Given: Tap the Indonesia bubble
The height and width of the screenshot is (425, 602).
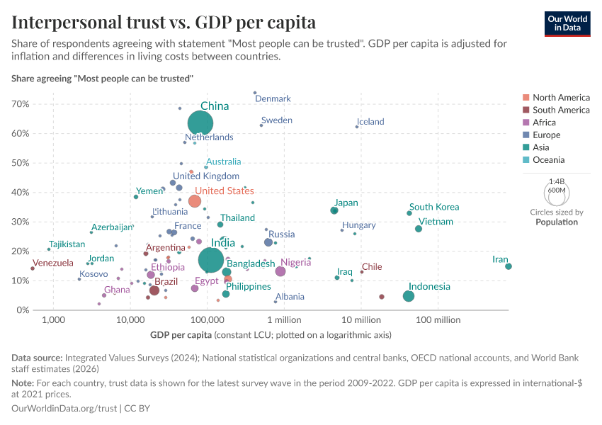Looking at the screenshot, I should (x=409, y=296).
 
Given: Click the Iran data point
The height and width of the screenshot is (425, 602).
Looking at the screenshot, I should (x=509, y=266).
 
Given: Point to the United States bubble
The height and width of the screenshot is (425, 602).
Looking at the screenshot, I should (x=195, y=201).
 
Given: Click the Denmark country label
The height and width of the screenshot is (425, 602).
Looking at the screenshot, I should (x=273, y=99).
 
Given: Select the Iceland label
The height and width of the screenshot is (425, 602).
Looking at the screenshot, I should (x=370, y=122).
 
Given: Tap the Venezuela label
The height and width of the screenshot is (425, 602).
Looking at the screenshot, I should (x=53, y=263).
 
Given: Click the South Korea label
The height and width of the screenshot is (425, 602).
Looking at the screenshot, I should (x=434, y=207).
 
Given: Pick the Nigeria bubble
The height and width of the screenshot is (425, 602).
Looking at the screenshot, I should (x=280, y=271).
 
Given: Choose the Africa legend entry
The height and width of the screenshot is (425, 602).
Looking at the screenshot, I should (x=545, y=123).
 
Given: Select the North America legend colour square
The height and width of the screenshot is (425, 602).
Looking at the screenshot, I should (x=526, y=98).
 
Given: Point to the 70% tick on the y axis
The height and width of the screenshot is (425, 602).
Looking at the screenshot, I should (x=20, y=104).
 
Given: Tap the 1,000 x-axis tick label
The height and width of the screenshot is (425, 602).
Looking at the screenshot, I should (x=53, y=320).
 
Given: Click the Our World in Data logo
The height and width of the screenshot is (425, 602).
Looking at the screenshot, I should (x=567, y=23).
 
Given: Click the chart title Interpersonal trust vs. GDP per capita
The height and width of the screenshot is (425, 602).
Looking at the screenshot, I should (x=164, y=22).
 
